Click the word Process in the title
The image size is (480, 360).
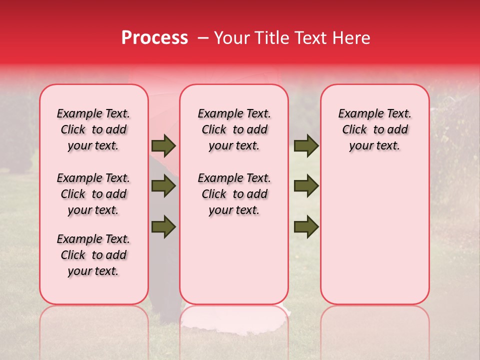pos(154,38)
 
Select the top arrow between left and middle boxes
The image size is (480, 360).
pos(163,146)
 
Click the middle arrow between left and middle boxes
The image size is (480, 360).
pos(163,186)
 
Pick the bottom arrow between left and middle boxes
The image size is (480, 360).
pos(163,226)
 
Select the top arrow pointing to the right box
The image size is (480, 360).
pos(306,146)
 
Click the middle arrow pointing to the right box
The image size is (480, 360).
pos(306,186)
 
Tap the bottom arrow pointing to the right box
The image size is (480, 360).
pos(306,226)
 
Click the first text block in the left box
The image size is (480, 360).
pos(93,129)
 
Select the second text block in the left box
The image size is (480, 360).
pos(93,194)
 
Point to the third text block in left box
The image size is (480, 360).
pos(93,255)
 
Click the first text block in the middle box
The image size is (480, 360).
pos(234,129)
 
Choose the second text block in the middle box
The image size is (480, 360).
pos(234,194)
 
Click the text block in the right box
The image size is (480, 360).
pos(375,129)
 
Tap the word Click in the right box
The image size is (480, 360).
pos(354,130)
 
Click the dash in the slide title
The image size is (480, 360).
pos(202,38)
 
